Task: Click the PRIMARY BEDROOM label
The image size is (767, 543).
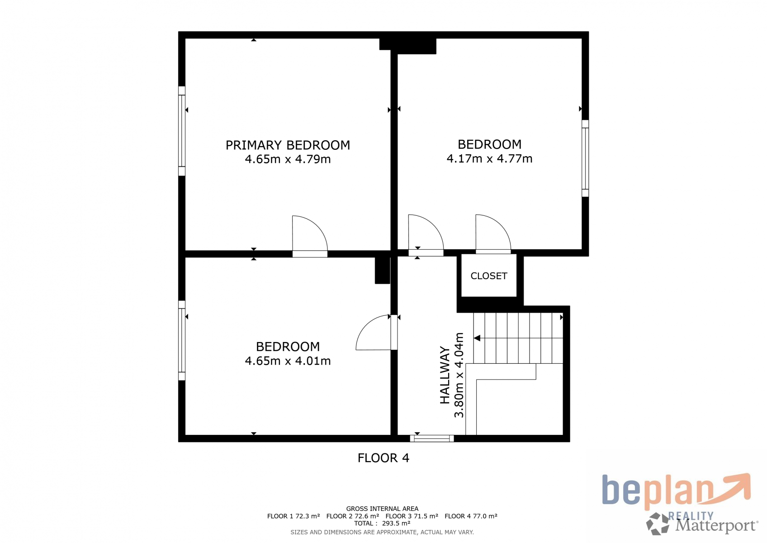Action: point(288,145)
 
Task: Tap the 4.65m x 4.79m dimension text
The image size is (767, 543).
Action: point(288,159)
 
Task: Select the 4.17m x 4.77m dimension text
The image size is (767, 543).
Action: point(489,159)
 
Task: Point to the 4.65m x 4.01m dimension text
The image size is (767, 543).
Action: point(288,361)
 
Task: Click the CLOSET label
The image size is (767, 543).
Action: point(488,276)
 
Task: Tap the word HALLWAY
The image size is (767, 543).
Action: point(445,375)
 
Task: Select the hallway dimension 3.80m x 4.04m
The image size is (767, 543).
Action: point(459,375)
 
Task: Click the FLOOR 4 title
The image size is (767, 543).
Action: point(383,458)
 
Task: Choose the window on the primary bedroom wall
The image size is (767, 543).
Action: point(182,131)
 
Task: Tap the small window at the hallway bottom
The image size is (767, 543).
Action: point(432,438)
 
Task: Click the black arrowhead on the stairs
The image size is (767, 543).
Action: point(477,338)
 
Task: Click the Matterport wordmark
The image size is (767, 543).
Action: point(717,526)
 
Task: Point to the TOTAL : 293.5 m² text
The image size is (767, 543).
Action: point(382,523)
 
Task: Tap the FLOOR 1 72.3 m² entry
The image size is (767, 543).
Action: point(294,516)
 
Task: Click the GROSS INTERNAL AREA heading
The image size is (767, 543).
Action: point(382,509)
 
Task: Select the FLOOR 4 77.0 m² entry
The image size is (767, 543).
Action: point(471,516)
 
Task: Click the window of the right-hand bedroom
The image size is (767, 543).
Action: point(585,158)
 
